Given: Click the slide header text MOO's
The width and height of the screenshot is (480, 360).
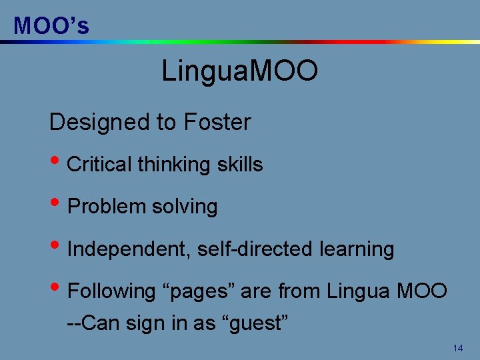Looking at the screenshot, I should [x=51, y=25].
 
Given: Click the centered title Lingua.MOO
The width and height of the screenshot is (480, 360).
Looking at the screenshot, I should [x=239, y=71].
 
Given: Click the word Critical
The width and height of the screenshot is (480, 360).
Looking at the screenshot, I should [x=101, y=165].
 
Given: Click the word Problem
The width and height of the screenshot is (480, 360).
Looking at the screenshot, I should [x=107, y=207].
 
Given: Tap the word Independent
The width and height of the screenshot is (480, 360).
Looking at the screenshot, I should [x=128, y=249].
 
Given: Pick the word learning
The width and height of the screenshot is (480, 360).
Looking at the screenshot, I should [x=357, y=249].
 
